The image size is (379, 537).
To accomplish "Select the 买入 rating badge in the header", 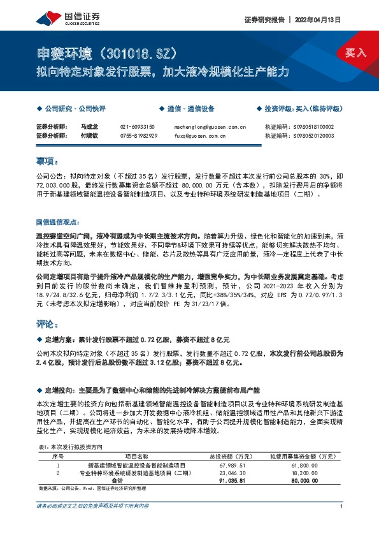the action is pyautogui.click(x=355, y=52).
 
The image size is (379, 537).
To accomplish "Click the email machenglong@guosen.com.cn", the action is pyautogui.click(x=210, y=127).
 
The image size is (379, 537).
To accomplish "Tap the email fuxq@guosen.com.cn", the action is pyautogui.click(x=199, y=136).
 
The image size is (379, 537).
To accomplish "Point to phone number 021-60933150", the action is pyautogui.click(x=138, y=127).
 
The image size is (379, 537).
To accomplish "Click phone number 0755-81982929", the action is pyautogui.click(x=139, y=136).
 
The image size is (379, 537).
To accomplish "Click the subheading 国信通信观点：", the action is pyautogui.click(x=57, y=222).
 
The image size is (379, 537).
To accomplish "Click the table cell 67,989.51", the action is pyautogui.click(x=220, y=467).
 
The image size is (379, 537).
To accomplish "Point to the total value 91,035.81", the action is pyautogui.click(x=220, y=481).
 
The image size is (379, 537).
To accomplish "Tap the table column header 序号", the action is pyautogui.click(x=57, y=457).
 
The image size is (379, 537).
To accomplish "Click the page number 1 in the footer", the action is pyautogui.click(x=342, y=506).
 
